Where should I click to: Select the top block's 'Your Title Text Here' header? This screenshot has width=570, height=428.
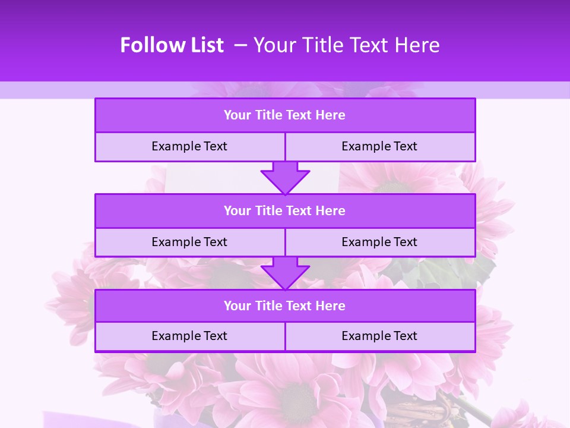285,115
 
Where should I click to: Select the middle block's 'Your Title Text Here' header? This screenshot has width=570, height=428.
285,210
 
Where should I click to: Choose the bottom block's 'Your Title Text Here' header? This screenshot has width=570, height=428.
285,306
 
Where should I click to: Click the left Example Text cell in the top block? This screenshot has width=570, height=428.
189,146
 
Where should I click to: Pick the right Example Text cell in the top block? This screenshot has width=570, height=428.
379,146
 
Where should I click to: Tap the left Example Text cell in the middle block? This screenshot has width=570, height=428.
189,242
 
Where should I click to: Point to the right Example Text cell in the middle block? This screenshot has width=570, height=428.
379,242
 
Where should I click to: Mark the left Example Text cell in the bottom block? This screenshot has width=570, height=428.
189,336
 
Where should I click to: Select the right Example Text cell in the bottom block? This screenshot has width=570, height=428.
379,336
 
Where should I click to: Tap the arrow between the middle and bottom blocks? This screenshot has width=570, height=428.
285,273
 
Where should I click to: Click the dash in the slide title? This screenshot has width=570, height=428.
241,45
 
